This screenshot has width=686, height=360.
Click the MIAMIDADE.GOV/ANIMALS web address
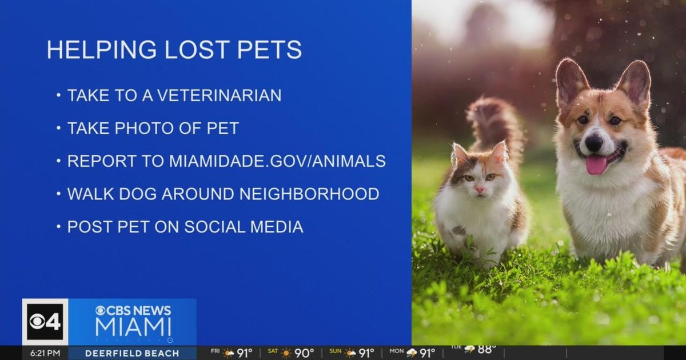coord(277,161)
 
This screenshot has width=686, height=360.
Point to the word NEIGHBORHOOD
coord(309,194)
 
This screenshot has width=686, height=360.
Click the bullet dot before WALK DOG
coord(58,194)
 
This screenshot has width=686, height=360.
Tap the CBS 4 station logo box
coord(45,322)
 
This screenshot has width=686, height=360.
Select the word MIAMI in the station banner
coord(133,327)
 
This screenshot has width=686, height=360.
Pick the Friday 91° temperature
coord(244,353)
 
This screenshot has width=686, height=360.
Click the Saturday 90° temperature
coord(304,353)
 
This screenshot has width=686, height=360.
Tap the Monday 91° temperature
coord(427,353)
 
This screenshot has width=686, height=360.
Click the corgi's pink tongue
coord(596,165)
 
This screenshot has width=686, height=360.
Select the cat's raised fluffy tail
coord(493,123)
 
